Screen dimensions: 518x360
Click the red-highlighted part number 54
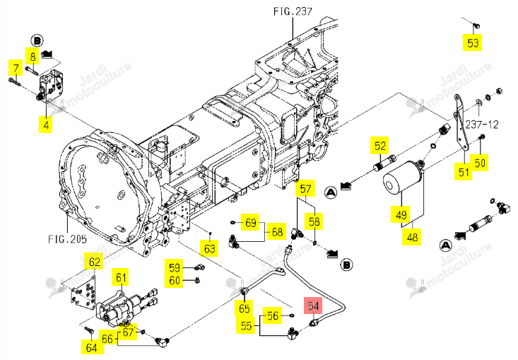pyautogui.click(x=313, y=306)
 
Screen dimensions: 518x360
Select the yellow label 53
pyautogui.click(x=472, y=42)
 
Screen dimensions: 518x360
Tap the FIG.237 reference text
pyautogui.click(x=293, y=11)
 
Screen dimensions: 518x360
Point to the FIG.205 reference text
pyautogui.click(x=67, y=238)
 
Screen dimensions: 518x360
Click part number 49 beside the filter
pyautogui.click(x=401, y=214)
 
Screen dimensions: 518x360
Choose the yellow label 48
pyautogui.click(x=411, y=237)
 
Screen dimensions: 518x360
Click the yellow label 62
pyautogui.click(x=95, y=262)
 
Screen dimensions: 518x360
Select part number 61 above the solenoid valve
pyautogui.click(x=121, y=277)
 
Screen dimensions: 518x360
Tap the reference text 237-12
pyautogui.click(x=482, y=124)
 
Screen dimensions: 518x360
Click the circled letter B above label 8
pyautogui.click(x=37, y=41)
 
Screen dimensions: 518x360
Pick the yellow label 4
pyautogui.click(x=46, y=124)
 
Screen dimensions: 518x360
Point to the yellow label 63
pyautogui.click(x=209, y=248)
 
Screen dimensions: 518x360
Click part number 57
pyautogui.click(x=305, y=189)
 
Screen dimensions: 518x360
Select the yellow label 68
pyautogui.click(x=277, y=232)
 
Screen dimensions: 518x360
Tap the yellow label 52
pyautogui.click(x=379, y=146)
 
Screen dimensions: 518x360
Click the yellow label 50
pyautogui.click(x=479, y=163)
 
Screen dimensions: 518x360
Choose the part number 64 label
pyautogui.click(x=91, y=347)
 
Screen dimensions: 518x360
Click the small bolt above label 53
pyautogui.click(x=476, y=25)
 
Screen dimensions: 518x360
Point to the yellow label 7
pyautogui.click(x=16, y=68)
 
